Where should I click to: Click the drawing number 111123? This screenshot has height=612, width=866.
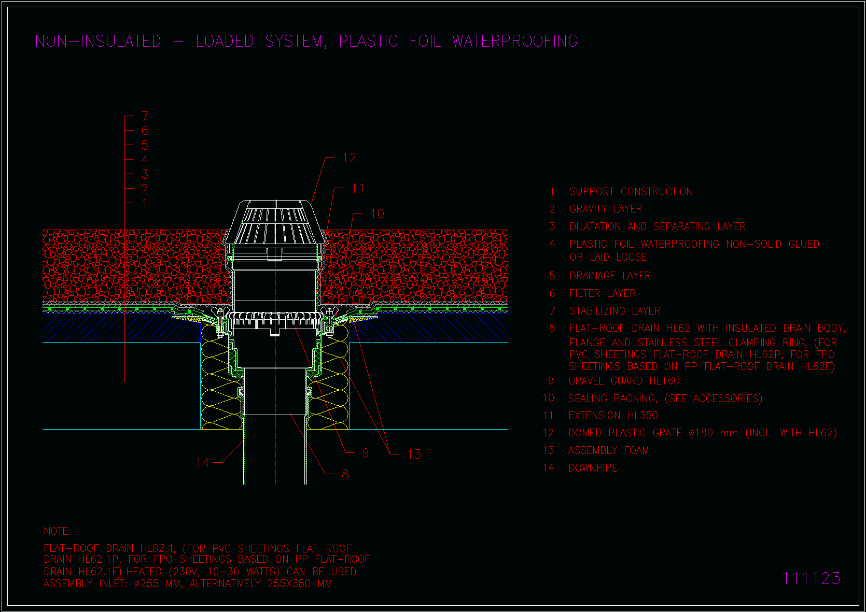(x=812, y=578)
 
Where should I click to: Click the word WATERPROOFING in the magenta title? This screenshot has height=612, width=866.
(x=515, y=41)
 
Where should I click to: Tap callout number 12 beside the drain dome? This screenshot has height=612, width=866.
(x=349, y=158)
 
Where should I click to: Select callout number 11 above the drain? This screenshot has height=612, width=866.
(x=358, y=189)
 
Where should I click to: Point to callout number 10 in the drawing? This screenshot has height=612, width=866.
(x=378, y=214)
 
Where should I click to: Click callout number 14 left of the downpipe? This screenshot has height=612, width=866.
(x=203, y=462)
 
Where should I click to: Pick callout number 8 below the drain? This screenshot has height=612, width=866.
(x=345, y=474)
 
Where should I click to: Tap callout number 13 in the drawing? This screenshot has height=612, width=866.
(x=414, y=454)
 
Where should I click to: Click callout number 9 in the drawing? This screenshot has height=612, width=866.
(x=366, y=453)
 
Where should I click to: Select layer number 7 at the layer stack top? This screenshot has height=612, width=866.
(x=145, y=116)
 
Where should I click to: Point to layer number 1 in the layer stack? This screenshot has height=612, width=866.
(x=145, y=203)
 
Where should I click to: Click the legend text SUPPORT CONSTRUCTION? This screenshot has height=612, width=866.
(x=631, y=192)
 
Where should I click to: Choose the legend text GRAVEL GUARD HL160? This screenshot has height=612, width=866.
(x=624, y=381)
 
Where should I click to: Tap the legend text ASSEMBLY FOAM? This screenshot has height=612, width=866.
(x=608, y=450)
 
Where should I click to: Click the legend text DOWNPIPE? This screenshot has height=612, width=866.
(x=593, y=468)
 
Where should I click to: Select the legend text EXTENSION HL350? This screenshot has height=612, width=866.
(x=613, y=416)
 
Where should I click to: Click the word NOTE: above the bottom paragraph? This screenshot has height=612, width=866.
(x=58, y=531)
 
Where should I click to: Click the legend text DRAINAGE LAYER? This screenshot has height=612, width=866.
(x=610, y=276)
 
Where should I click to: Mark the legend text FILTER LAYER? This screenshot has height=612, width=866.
(x=603, y=293)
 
